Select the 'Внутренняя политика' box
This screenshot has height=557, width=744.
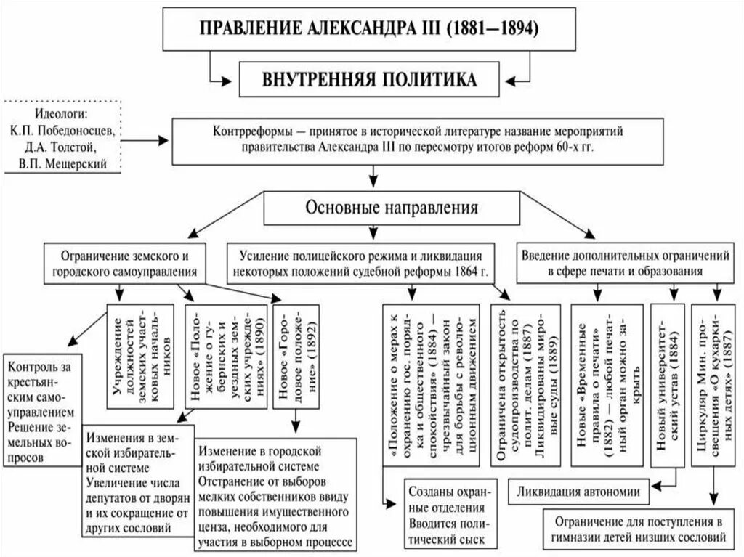pyautogui.click(x=370, y=79)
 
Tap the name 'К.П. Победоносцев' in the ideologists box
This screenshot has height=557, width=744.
pyautogui.click(x=61, y=131)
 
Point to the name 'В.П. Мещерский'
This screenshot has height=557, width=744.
pyautogui.click(x=61, y=163)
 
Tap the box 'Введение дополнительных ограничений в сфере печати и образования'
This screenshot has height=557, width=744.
pyautogui.click(x=625, y=264)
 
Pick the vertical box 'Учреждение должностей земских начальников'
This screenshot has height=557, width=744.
pyautogui.click(x=140, y=355)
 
